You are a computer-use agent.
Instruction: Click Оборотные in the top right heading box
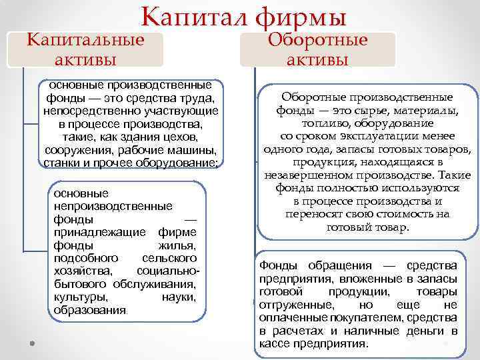point(318,39)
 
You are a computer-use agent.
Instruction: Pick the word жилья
point(179,245)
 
